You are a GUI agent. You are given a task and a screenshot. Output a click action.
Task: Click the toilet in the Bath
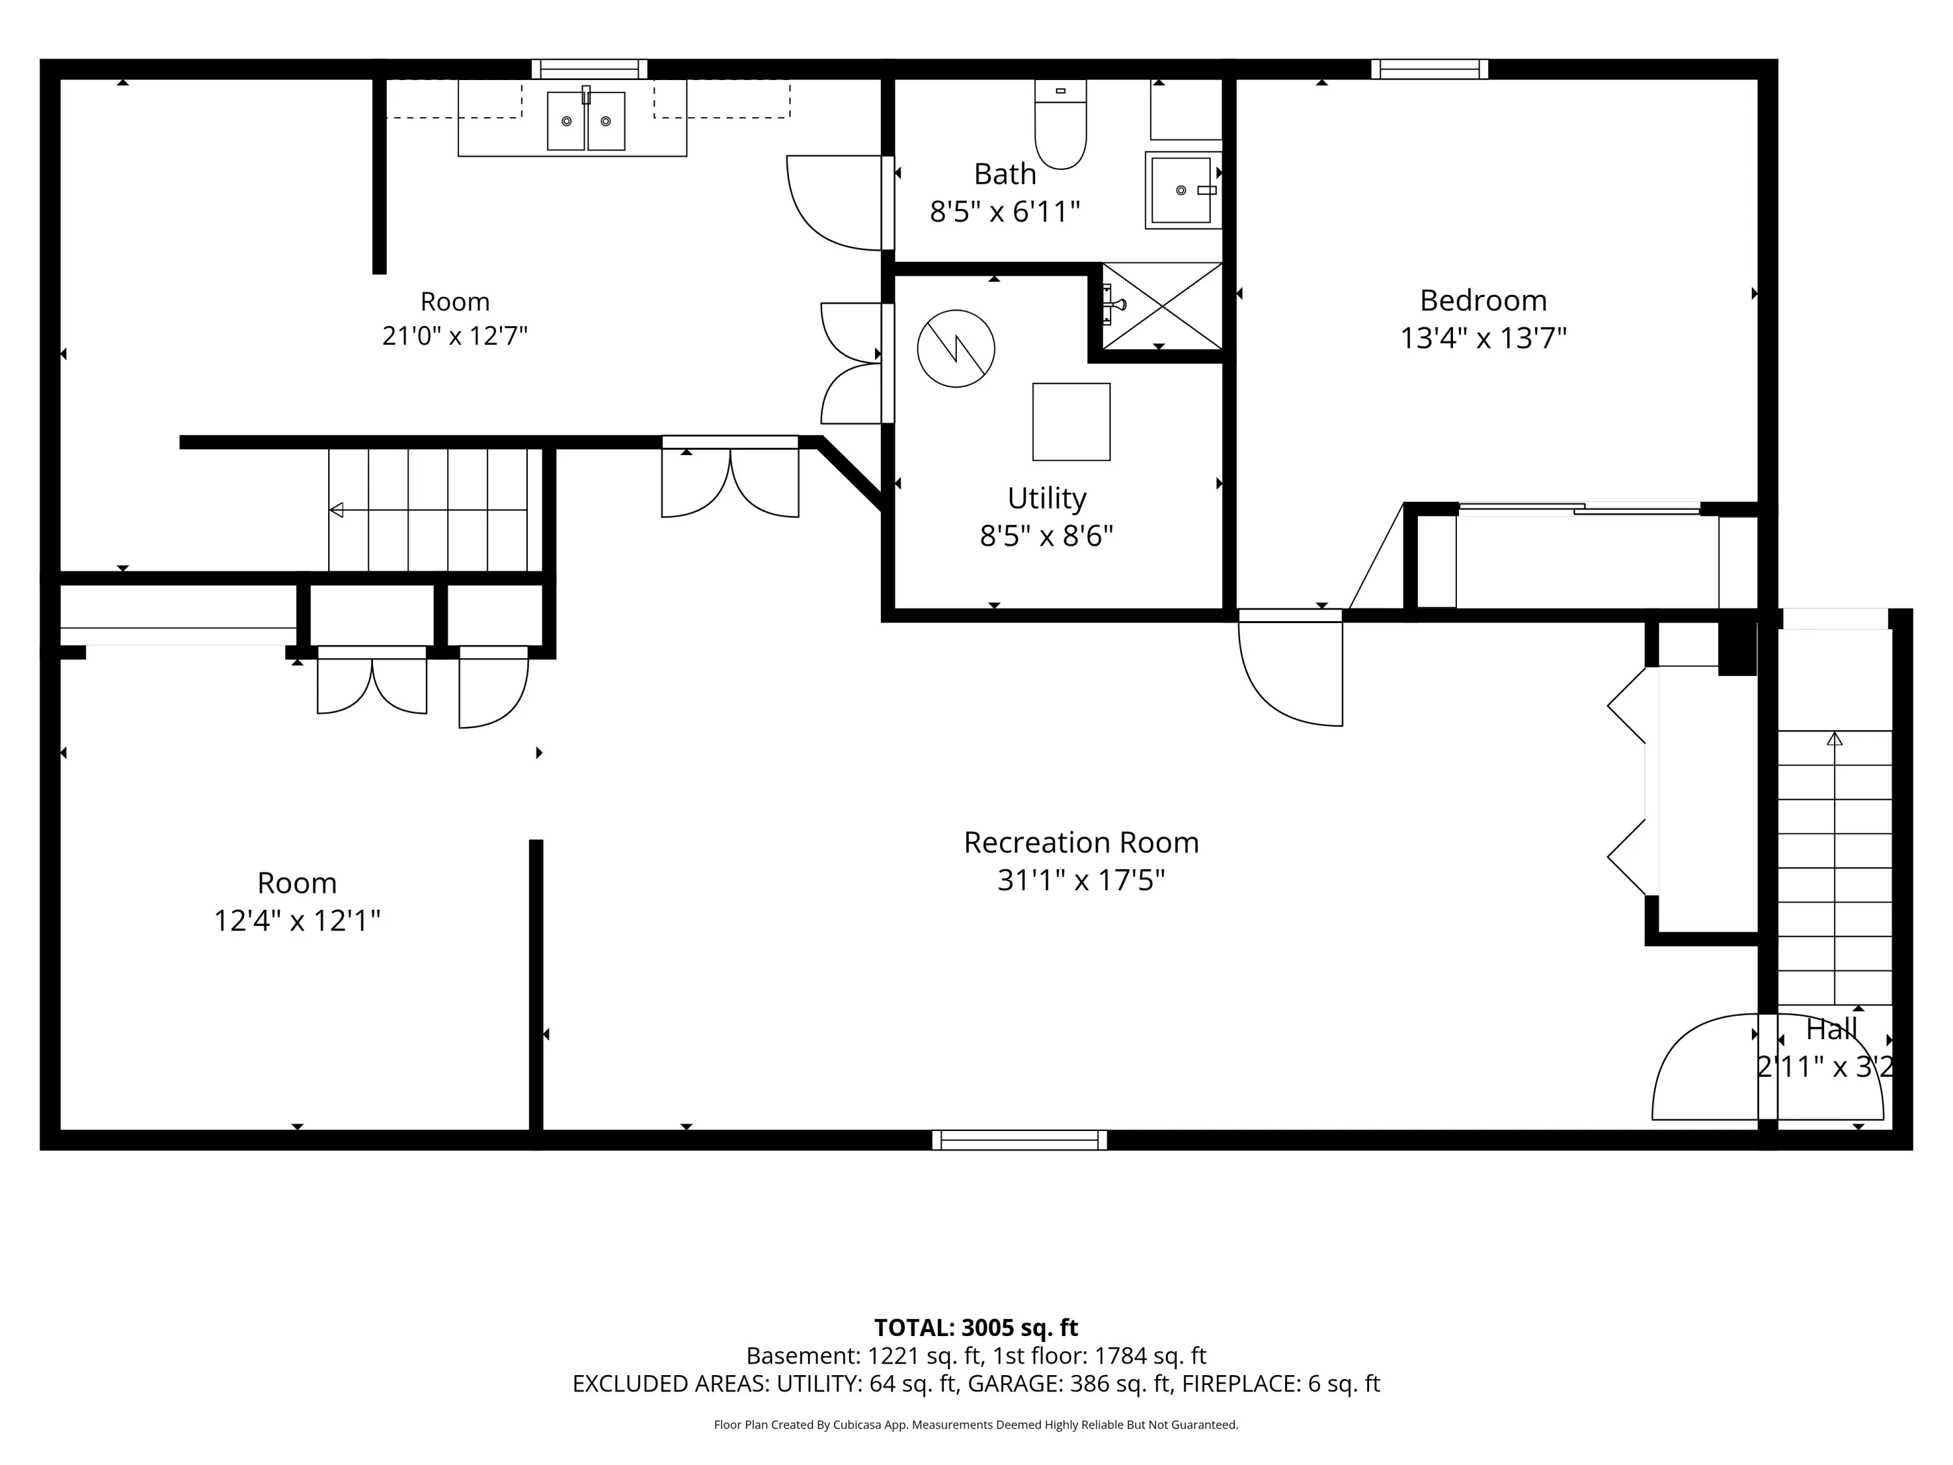pos(1060,124)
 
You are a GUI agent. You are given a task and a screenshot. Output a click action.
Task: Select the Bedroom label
pos(1483,300)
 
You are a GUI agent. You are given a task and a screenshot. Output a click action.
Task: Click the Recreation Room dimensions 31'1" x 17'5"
pos(1081,880)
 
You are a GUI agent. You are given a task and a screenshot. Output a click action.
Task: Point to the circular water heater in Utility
pos(956,348)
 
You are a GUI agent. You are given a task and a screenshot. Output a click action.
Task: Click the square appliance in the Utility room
pos(1071,421)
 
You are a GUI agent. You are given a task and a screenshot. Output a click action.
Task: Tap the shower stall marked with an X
pos(1162,305)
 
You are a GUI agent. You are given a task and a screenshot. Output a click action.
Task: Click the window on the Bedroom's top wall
pos(1430,69)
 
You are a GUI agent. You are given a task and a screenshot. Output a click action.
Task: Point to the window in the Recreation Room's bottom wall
pos(1019,1140)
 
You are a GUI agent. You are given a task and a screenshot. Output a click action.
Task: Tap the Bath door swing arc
pos(835,203)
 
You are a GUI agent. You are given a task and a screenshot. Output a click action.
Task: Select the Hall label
pos(1831,1029)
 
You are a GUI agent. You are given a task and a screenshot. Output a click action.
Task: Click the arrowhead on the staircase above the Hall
pos(1835,738)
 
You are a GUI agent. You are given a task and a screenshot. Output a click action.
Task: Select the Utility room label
pos(1047,498)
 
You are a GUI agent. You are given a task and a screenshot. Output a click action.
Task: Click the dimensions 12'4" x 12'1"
pos(297,921)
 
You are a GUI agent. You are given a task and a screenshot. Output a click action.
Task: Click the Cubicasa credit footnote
pos(976,1425)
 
